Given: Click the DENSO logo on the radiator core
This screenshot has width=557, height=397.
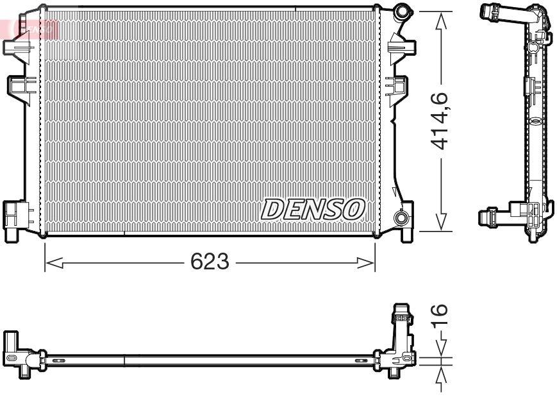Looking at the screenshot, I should click(313, 208).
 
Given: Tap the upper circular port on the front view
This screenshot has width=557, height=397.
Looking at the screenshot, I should click(402, 11).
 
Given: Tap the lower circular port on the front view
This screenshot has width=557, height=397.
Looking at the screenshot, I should click(402, 218).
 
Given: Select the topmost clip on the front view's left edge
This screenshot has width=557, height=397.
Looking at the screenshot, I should click(15, 47).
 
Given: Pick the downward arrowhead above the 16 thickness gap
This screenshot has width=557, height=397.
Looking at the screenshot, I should click(440, 350).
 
